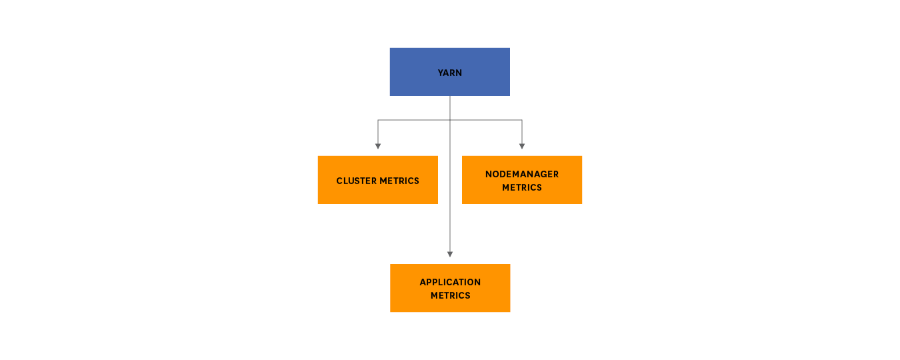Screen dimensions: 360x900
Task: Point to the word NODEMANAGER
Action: [x=521, y=174]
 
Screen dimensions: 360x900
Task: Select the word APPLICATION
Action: [x=449, y=282]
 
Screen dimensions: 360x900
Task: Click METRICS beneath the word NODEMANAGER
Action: [x=521, y=187]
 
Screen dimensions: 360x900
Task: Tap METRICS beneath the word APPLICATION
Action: [x=449, y=295]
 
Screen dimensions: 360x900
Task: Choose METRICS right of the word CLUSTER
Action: [x=399, y=181]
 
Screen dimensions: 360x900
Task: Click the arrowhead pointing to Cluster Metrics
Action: [x=378, y=146]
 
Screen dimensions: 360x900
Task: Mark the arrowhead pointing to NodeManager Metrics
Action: [x=522, y=146]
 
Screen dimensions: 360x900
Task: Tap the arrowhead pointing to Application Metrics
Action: [x=450, y=254]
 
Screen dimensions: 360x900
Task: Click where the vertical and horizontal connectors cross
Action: [x=450, y=120]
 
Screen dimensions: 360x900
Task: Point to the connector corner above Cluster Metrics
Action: [x=378, y=120]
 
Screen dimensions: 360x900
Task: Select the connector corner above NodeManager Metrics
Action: [x=522, y=120]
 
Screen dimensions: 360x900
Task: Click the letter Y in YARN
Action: [x=440, y=73]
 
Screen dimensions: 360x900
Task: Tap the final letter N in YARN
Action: [x=459, y=73]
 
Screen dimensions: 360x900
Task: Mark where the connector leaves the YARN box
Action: [x=450, y=96]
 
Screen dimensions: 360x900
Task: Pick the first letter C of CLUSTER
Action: [x=339, y=181]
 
